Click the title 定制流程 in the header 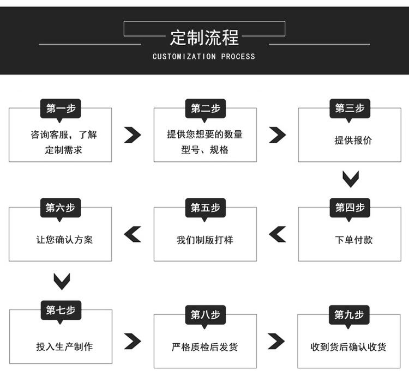[x=204, y=38]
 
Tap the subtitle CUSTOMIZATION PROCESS [x=204, y=57]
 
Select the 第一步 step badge [x=61, y=108]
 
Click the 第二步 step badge [x=206, y=108]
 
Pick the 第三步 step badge [x=350, y=108]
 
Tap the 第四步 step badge [x=350, y=208]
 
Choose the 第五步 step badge [x=206, y=208]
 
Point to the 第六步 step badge [x=61, y=208]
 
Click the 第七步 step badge [x=61, y=310]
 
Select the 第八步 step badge [x=206, y=315]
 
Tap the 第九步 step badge [x=349, y=315]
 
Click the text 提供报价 [x=353, y=140]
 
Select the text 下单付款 [x=354, y=240]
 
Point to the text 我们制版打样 [x=204, y=240]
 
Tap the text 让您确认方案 [x=64, y=240]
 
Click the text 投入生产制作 [x=64, y=347]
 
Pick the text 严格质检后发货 [x=204, y=347]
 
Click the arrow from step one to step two [x=133, y=135]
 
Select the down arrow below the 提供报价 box [x=351, y=179]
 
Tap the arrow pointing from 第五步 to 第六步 [x=133, y=234]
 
